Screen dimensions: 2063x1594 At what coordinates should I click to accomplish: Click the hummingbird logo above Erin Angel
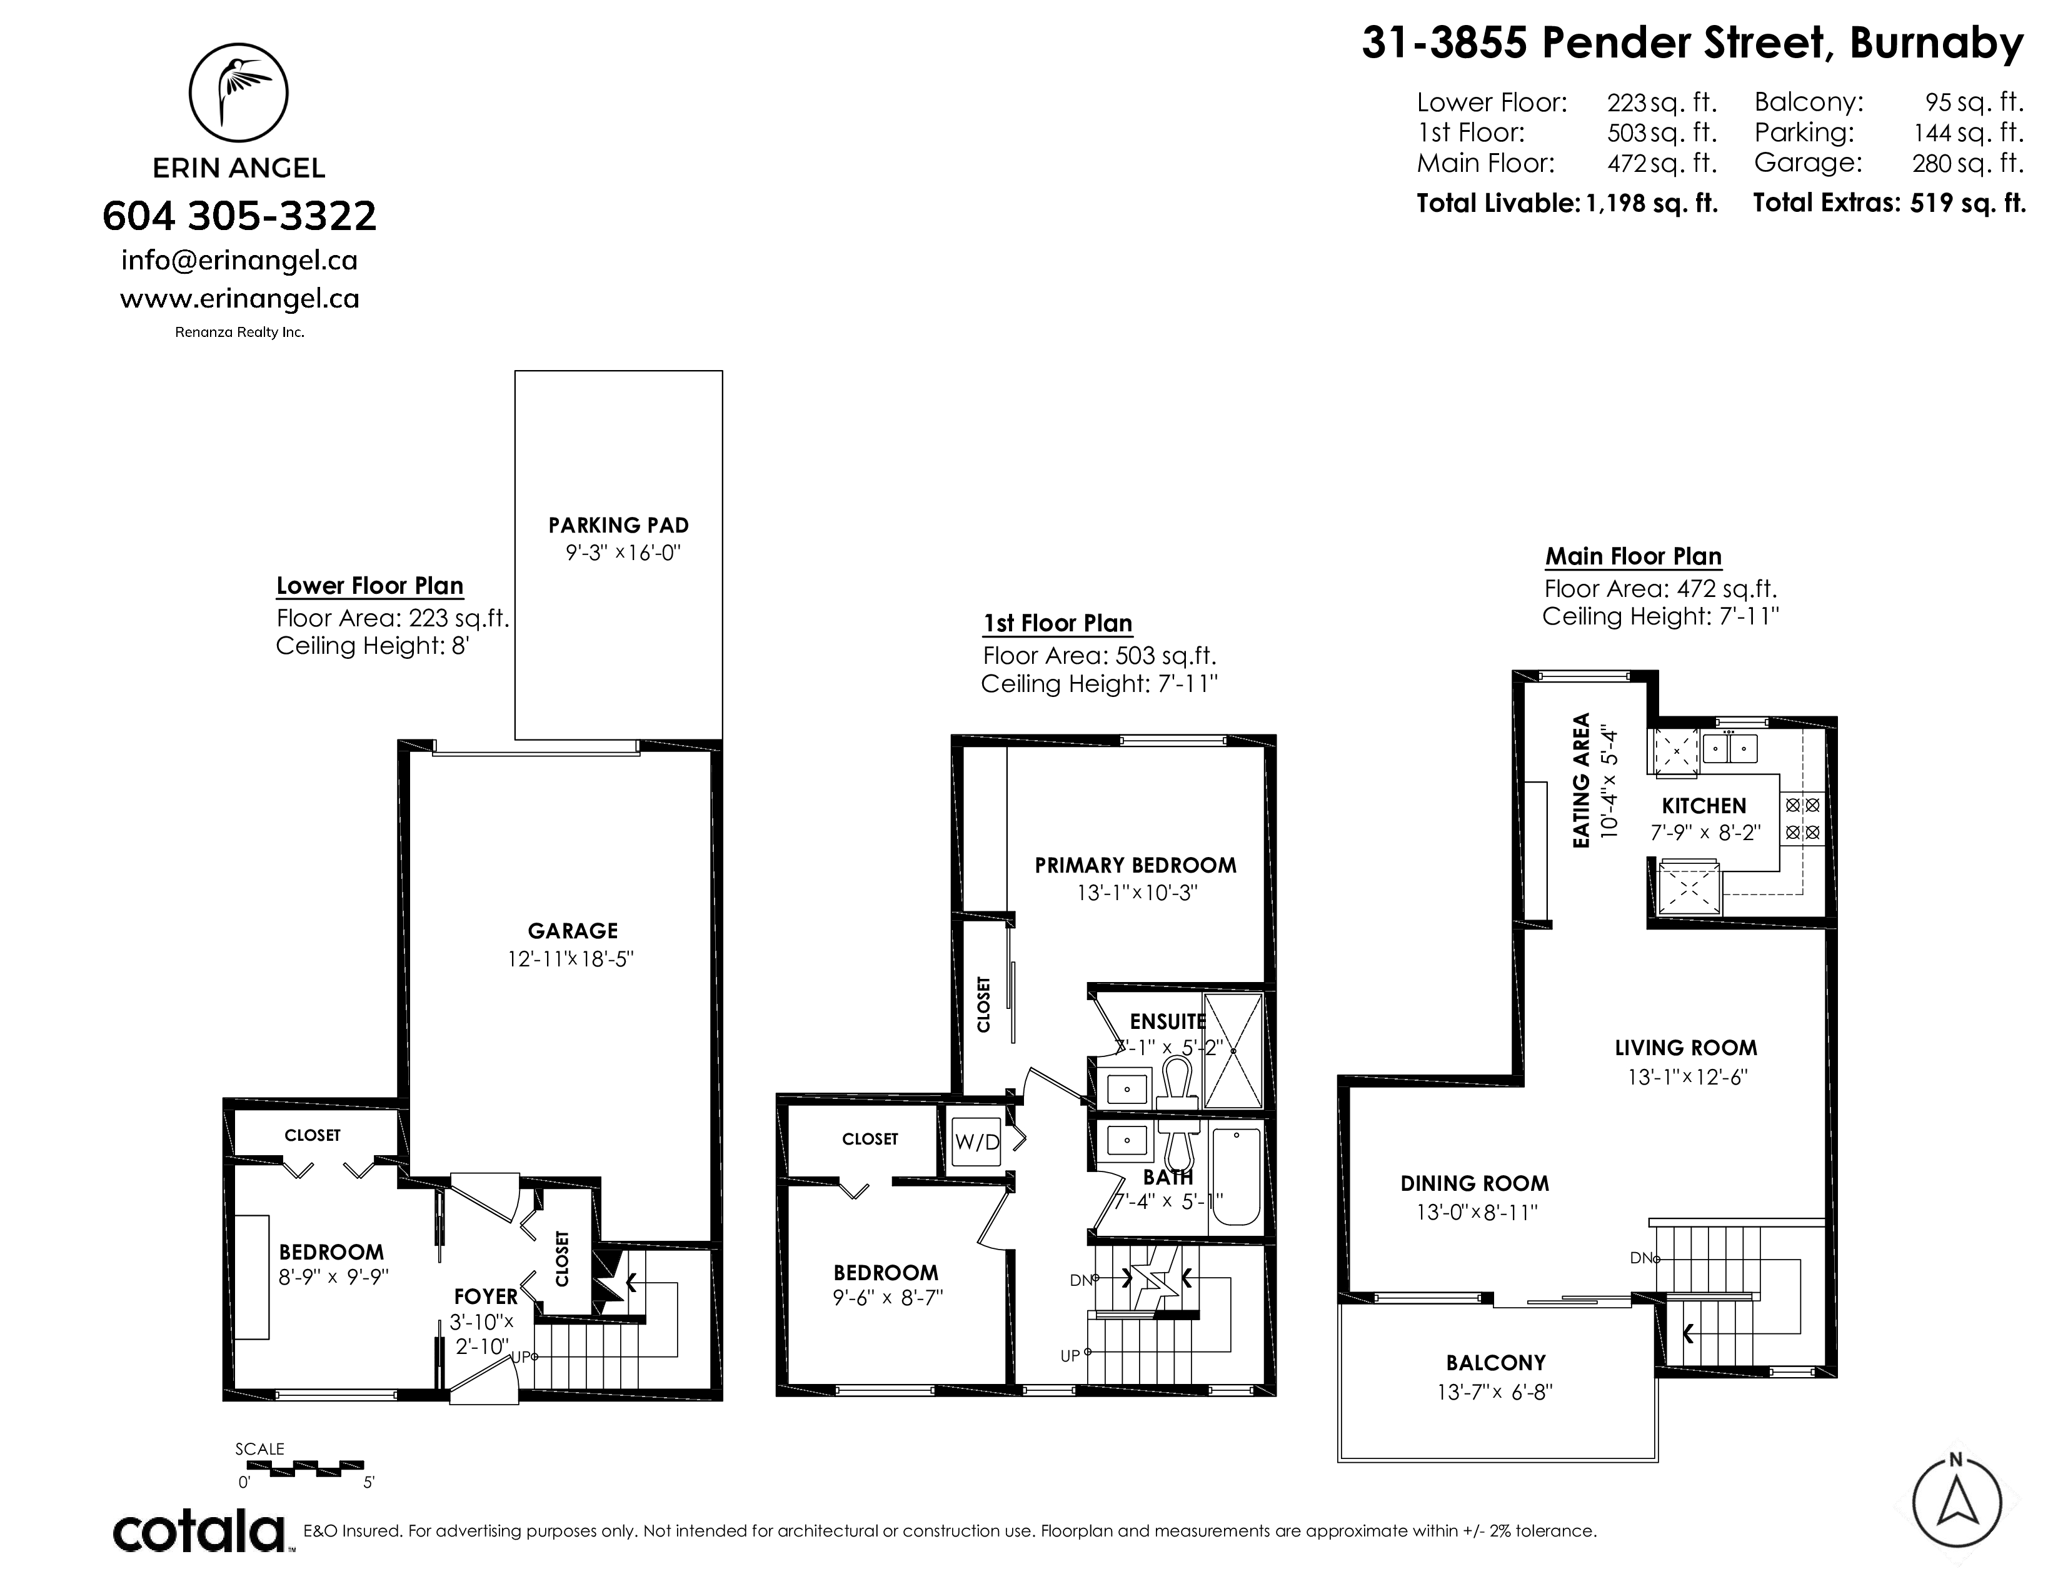pyautogui.click(x=239, y=92)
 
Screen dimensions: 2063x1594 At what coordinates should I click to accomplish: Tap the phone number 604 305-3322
pyautogui.click(x=239, y=216)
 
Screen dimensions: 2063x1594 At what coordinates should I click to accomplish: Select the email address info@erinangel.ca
pyautogui.click(x=239, y=259)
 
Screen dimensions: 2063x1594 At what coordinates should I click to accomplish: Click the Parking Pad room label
pyautogui.click(x=619, y=525)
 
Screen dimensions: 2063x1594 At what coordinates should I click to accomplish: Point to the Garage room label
pyautogui.click(x=573, y=931)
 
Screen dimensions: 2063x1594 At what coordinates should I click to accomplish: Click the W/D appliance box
pyautogui.click(x=976, y=1141)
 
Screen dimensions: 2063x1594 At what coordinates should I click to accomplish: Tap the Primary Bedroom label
pyautogui.click(x=1135, y=865)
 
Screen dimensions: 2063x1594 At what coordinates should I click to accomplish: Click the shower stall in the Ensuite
pyautogui.click(x=1233, y=1049)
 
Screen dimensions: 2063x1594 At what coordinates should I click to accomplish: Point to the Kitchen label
pyautogui.click(x=1704, y=806)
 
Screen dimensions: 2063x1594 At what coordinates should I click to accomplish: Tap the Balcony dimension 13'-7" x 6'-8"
pyautogui.click(x=1495, y=1392)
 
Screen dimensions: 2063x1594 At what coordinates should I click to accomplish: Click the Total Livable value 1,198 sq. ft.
pyautogui.click(x=1650, y=203)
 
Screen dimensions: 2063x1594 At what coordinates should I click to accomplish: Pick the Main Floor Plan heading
pyautogui.click(x=1633, y=556)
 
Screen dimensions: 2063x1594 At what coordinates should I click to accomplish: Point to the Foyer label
pyautogui.click(x=486, y=1298)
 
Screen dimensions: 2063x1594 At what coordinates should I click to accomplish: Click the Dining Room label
pyautogui.click(x=1475, y=1183)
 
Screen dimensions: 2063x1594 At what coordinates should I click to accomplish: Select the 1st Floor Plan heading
pyautogui.click(x=1058, y=623)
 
